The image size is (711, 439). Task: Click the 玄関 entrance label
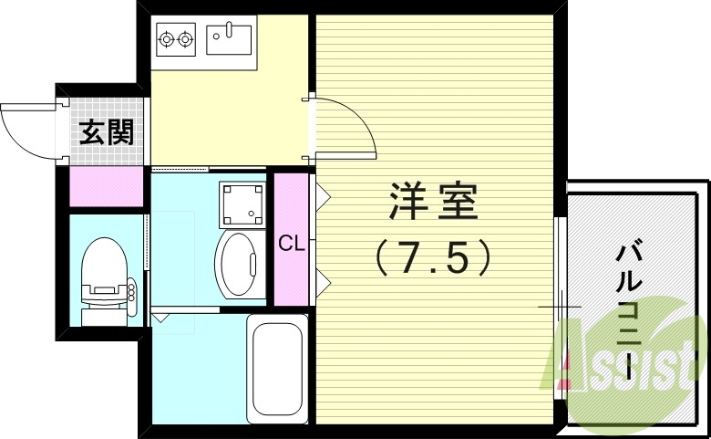click(107, 133)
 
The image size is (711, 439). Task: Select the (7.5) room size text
click(434, 259)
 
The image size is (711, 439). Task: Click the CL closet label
click(291, 243)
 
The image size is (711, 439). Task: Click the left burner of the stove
click(167, 39)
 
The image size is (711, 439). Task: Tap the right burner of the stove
click(186, 39)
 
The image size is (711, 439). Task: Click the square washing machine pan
click(243, 204)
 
